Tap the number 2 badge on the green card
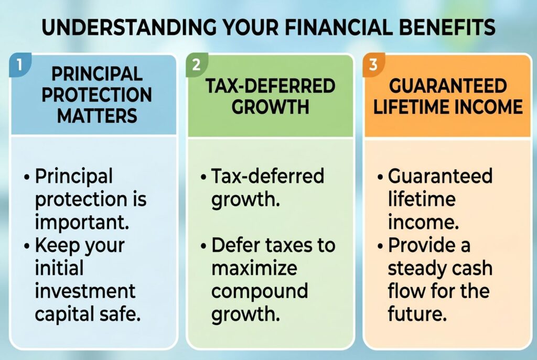(x=197, y=64)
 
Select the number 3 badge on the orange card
(x=373, y=64)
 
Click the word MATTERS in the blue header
(x=97, y=116)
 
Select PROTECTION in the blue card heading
(x=96, y=95)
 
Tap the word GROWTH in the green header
(x=270, y=106)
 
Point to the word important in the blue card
(x=82, y=222)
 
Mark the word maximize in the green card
(x=254, y=268)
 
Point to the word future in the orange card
(x=417, y=314)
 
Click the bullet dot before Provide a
(x=380, y=246)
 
